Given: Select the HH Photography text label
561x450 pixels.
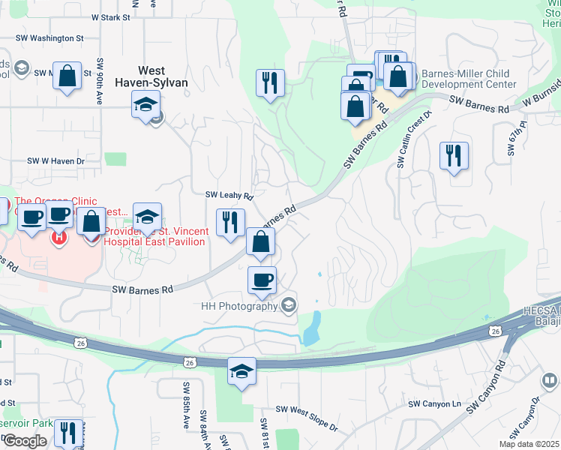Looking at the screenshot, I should click(239, 306).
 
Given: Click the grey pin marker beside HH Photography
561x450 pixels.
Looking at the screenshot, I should click(289, 305).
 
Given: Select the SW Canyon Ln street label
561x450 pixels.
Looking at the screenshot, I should click(433, 403).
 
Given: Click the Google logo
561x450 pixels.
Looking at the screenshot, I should click(25, 441).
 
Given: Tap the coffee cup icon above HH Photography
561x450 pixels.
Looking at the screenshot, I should click(262, 280).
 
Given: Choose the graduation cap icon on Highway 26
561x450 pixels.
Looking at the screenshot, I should click(241, 370).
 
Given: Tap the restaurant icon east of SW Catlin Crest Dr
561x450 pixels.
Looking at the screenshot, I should click(454, 155).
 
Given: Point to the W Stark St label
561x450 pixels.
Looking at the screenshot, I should click(111, 16).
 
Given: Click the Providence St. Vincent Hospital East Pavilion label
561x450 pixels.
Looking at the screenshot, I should click(154, 237).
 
